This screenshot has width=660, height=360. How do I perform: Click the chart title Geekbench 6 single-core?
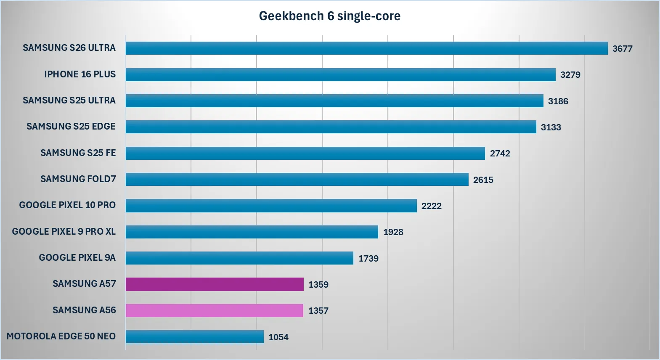pyautogui.click(x=329, y=16)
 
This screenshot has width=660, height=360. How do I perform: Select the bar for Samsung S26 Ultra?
pyautogui.click(x=366, y=48)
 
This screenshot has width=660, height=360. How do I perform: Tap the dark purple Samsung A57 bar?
pyautogui.click(x=215, y=284)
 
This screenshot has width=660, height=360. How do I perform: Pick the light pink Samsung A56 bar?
pyautogui.click(x=215, y=310)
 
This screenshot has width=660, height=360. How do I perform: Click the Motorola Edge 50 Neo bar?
pyautogui.click(x=194, y=336)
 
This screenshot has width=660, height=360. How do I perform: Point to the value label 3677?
pyautogui.click(x=622, y=49)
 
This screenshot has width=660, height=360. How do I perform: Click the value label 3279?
pyautogui.click(x=570, y=75)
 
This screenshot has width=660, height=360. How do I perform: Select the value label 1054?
pyautogui.click(x=278, y=337)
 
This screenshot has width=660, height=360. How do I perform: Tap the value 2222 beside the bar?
pyautogui.click(x=432, y=206)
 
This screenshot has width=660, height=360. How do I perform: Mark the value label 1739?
pyautogui.click(x=368, y=259)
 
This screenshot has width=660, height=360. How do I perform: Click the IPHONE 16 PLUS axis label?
pyautogui.click(x=80, y=74)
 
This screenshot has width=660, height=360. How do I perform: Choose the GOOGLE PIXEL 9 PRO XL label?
pyautogui.click(x=64, y=232)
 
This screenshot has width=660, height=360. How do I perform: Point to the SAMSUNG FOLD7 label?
pyautogui.click(x=78, y=179)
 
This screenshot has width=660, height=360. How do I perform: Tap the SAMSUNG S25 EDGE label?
pyautogui.click(x=71, y=127)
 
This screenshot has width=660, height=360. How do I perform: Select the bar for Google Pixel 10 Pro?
pyautogui.click(x=271, y=206)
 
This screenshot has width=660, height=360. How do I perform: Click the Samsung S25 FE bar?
pyautogui.click(x=305, y=153)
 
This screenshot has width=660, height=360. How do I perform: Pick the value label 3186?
pyautogui.click(x=558, y=101)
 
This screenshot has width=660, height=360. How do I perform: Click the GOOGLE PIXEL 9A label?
pyautogui.click(x=77, y=258)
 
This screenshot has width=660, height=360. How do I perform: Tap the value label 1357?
pyautogui.click(x=318, y=311)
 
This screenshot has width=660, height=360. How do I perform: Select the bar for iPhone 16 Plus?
pyautogui.click(x=340, y=74)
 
